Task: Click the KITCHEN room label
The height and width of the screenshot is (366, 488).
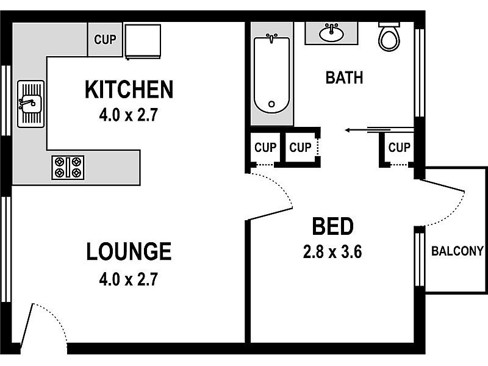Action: [129, 90]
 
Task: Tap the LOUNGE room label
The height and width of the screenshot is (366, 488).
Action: [128, 251]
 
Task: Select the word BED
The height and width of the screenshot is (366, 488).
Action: [332, 226]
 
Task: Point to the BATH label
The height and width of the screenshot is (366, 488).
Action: [344, 78]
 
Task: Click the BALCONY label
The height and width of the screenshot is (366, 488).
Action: [457, 251]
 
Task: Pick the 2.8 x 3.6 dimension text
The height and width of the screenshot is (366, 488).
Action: [332, 251]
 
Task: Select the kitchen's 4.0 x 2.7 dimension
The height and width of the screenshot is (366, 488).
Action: [129, 115]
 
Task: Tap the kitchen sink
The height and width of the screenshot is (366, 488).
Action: [30, 104]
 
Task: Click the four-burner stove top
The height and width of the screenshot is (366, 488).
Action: [68, 167]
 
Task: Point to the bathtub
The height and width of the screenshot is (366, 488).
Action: [271, 74]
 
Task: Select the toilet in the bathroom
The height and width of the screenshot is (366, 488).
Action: [388, 37]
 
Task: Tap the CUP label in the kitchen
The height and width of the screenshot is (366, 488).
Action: [106, 40]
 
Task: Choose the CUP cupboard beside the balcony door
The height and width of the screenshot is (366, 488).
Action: [399, 148]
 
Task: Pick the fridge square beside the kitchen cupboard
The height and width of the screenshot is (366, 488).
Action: [142, 41]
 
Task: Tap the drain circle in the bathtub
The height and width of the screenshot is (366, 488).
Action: [271, 104]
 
